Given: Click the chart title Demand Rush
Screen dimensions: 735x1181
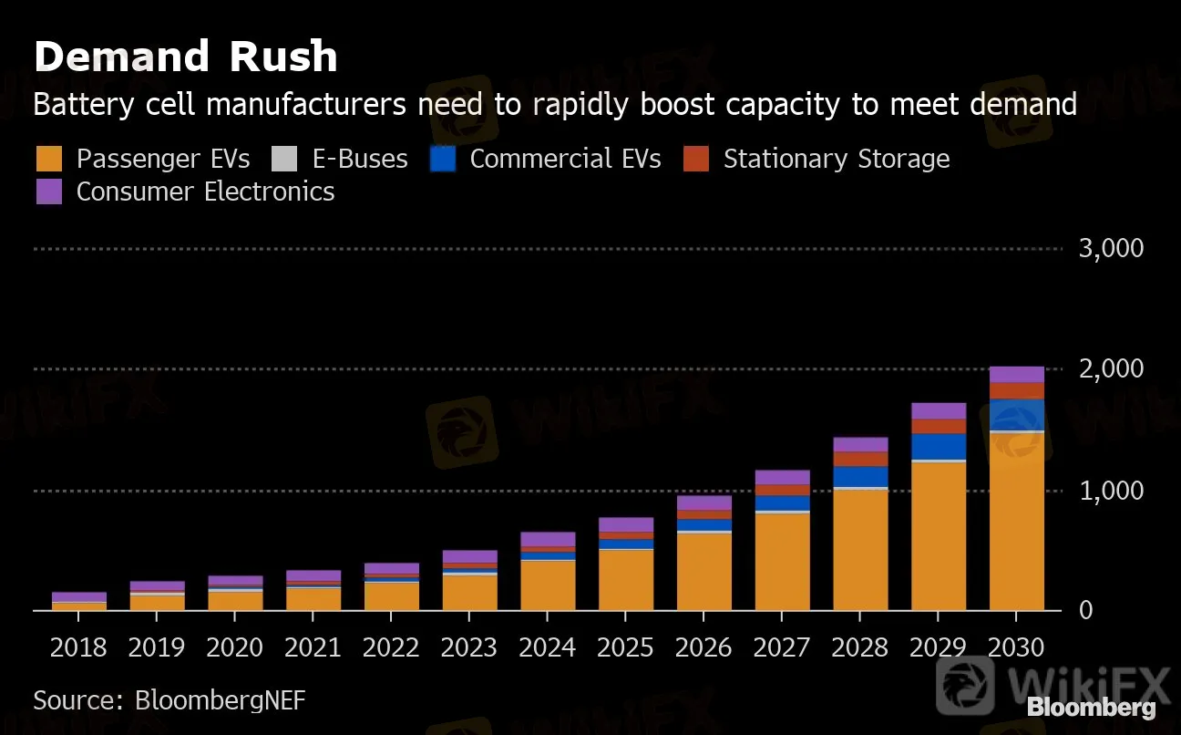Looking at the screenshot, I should point(185,57).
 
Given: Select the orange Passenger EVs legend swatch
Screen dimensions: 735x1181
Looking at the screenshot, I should point(49,159).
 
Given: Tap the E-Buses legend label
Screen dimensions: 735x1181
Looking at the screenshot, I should point(360,159).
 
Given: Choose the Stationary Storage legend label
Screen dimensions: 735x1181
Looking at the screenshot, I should point(836,159).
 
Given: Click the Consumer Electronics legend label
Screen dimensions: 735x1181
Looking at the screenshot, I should point(205,192).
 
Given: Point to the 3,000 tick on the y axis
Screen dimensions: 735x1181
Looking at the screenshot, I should point(1111,248).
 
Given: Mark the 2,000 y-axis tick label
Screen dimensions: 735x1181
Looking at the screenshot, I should point(1111,369).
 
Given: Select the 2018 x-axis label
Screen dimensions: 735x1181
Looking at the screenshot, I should point(78,647).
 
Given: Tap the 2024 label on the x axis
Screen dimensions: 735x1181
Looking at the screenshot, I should point(548,647).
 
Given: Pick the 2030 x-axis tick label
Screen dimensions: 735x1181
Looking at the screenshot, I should point(1017,647).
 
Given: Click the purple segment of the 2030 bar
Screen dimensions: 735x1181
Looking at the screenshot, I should point(1017,375).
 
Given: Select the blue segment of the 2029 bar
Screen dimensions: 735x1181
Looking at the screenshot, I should point(939,447).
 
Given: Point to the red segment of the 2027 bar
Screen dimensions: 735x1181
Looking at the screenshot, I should point(782,491).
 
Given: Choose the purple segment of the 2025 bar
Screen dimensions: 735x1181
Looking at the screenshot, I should point(626,524).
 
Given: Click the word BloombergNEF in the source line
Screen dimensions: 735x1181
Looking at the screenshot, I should point(220,700).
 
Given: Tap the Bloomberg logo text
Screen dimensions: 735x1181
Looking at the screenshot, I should point(1091,707).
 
